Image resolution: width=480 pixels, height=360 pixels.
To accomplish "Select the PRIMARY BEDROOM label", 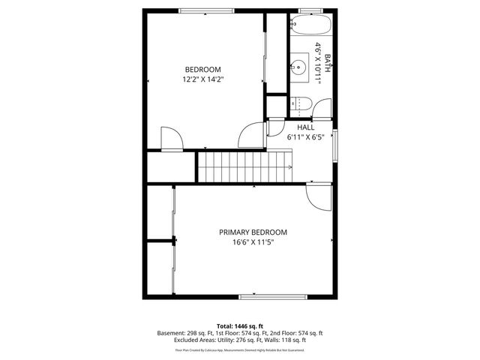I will coord(253,232).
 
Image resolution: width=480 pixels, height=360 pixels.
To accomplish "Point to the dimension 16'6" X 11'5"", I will coord(253,242).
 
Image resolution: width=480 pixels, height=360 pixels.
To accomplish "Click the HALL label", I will coord(305,127).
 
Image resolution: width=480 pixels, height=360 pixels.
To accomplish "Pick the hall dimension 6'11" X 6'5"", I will coord(305,137).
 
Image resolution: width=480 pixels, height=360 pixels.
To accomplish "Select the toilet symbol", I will coord(299,104).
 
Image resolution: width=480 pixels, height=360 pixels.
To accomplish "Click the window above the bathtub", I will coord(310,10).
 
